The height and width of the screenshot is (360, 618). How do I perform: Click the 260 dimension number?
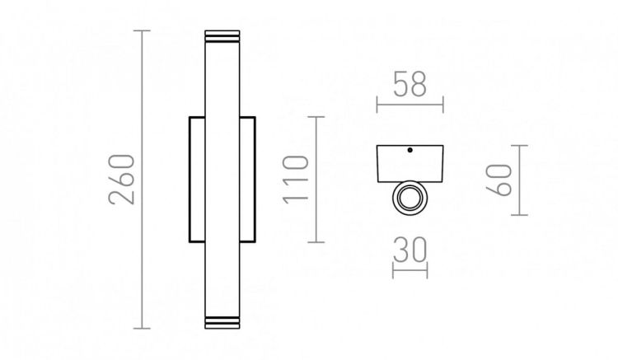pos(120,180)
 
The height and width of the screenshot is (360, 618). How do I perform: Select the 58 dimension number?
pos(410,86)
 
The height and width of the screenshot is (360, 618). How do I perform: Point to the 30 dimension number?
pos(410,250)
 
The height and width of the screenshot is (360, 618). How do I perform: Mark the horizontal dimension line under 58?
pos(410,105)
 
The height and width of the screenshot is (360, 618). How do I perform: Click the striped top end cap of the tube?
pos(222,38)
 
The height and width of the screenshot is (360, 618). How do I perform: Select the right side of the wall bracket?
pos(248,180)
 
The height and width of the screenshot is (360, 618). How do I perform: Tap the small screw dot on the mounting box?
pos(410,150)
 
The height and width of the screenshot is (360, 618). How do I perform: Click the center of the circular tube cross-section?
pos(410,197)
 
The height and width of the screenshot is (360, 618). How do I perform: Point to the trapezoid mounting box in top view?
pos(410,163)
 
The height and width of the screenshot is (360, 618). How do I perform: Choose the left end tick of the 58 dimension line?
pos(377,105)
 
